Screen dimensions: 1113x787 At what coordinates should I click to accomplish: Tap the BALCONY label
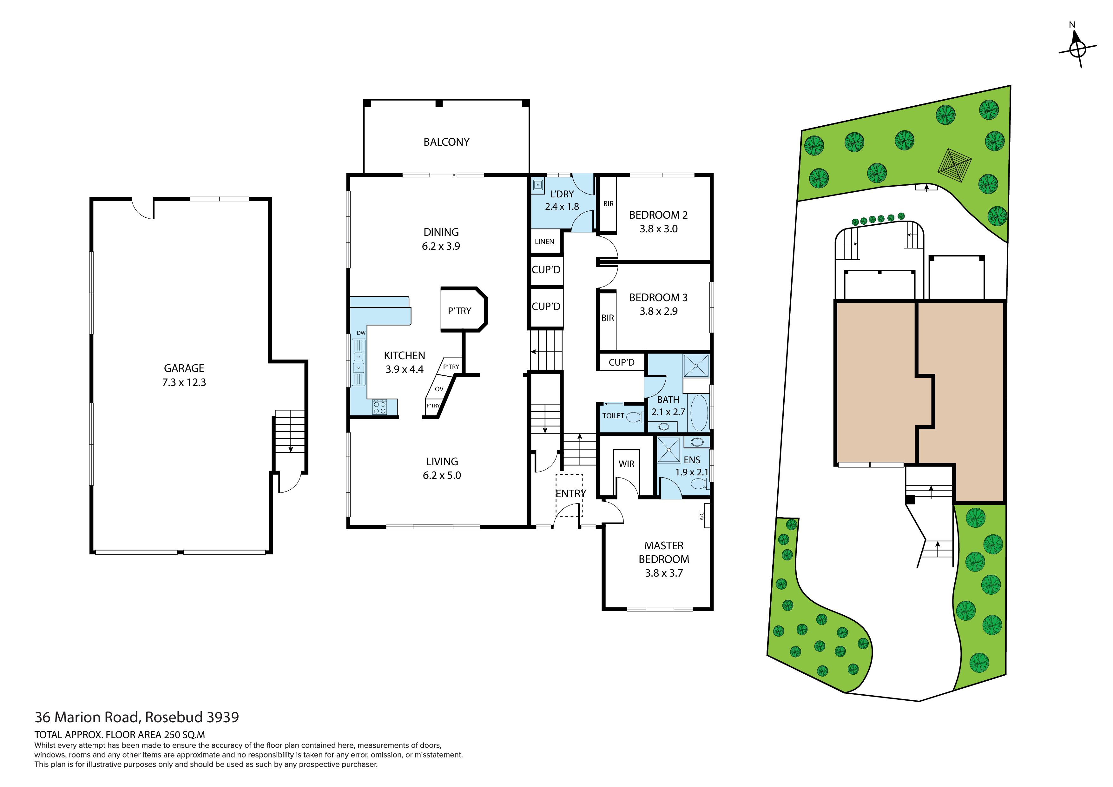click(x=446, y=142)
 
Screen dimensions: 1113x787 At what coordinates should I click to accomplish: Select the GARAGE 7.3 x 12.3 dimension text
click(x=184, y=382)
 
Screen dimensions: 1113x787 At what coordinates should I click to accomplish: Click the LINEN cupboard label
click(x=544, y=241)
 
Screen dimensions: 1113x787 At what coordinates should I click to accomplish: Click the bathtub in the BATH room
click(x=699, y=413)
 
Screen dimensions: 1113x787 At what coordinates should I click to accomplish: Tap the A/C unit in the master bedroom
click(x=705, y=515)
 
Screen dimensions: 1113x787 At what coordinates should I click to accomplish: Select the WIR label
click(x=626, y=464)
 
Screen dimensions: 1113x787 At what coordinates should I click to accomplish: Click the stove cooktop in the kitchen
click(x=379, y=407)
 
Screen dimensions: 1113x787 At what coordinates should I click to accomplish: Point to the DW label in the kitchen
click(x=361, y=333)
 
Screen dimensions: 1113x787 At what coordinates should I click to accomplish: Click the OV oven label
click(x=439, y=389)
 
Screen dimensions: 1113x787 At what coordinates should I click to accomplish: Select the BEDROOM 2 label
click(x=658, y=215)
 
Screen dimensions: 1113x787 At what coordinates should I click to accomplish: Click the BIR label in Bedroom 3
click(x=607, y=318)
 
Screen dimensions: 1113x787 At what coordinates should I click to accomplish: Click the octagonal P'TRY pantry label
click(x=459, y=311)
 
